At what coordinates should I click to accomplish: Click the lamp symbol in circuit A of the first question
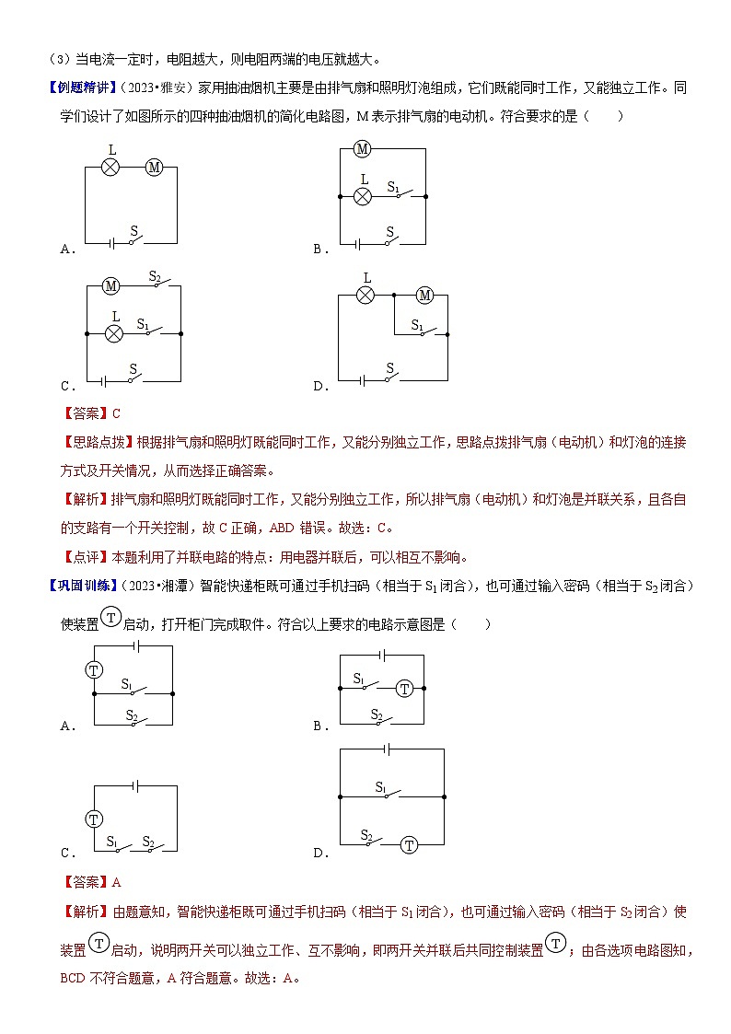click(110, 168)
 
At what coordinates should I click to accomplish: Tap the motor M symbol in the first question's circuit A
click(154, 168)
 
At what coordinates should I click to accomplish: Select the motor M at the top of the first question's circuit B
click(362, 149)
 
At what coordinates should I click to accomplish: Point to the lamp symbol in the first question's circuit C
click(114, 334)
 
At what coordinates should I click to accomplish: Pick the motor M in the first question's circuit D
click(424, 296)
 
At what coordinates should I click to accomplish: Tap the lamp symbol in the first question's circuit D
click(365, 296)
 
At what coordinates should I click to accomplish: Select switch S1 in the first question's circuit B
click(399, 194)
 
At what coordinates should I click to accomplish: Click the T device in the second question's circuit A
click(94, 669)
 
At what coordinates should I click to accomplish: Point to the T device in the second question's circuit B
click(405, 688)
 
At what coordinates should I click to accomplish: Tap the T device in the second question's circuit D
click(410, 844)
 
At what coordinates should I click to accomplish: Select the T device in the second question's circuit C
click(94, 818)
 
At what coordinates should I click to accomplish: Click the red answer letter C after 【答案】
click(116, 413)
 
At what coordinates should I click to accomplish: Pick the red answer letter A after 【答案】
click(116, 882)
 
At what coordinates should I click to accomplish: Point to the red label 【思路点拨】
click(98, 442)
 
